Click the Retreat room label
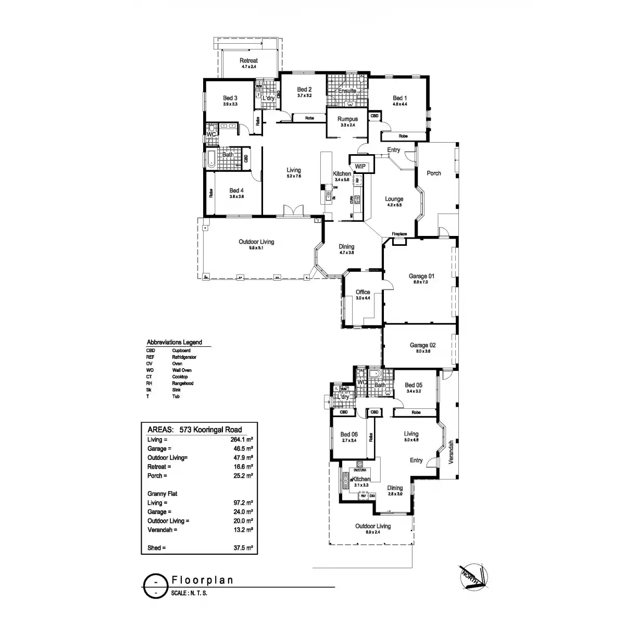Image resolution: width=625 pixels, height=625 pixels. coord(248,61)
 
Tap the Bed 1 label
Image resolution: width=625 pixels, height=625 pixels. coord(399,98)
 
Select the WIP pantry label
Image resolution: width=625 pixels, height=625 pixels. coord(360,167)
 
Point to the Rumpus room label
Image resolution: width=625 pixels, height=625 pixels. coord(347,119)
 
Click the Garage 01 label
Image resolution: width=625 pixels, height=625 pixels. coord(421,277)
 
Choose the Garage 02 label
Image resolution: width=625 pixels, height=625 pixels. coord(422,345)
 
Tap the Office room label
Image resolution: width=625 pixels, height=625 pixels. coord(362,292)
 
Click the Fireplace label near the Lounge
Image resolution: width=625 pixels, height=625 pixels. coord(399,234)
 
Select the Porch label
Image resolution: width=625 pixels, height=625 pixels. coord(434,173)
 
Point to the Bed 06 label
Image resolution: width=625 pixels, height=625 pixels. coord(349,434)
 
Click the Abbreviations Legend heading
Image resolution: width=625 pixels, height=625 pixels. coord(174,343)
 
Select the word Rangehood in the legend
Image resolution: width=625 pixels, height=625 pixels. coord(183,383)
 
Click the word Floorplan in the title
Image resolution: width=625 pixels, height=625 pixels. coord(202,580)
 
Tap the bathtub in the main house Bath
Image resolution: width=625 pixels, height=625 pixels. coord(210,158)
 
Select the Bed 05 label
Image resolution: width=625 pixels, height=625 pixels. coord(413,385)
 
